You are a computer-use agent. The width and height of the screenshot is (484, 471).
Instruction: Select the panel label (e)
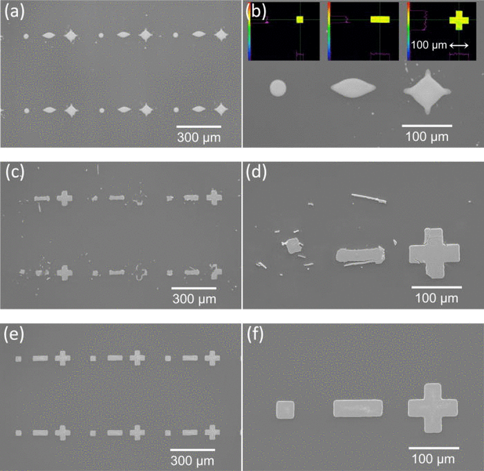pyautogui.click(x=15, y=334)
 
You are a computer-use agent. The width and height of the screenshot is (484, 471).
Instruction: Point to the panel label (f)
pyautogui.click(x=255, y=335)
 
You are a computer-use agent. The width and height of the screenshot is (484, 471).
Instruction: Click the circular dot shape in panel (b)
pyautogui.click(x=278, y=88)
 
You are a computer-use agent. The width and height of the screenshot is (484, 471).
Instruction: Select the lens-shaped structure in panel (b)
pyautogui.click(x=353, y=87)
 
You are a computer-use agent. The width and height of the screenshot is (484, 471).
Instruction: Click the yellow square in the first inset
pyautogui.click(x=299, y=19)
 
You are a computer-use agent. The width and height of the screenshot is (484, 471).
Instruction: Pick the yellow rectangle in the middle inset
pyautogui.click(x=380, y=19)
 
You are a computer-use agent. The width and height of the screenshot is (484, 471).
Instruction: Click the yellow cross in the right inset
pyautogui.click(x=459, y=20)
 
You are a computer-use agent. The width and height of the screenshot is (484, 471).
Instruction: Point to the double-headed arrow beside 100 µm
pyautogui.click(x=459, y=46)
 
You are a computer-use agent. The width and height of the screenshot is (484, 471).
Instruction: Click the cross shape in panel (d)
pyautogui.click(x=434, y=253)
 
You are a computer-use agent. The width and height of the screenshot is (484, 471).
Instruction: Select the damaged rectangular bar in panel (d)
pyautogui.click(x=360, y=255)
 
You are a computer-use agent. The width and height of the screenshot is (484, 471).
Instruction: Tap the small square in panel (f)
pyautogui.click(x=285, y=410)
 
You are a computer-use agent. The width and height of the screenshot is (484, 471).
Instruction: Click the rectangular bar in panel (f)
pyautogui.click(x=358, y=408)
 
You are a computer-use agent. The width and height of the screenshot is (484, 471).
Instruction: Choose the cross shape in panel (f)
pyautogui.click(x=432, y=408)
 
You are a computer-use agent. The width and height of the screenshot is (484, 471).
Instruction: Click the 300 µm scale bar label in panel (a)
pyautogui.click(x=199, y=137)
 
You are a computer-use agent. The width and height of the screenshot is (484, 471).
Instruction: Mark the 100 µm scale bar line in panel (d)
pyautogui.click(x=436, y=287)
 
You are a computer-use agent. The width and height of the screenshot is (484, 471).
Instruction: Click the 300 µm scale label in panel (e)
pyautogui.click(x=192, y=461)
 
